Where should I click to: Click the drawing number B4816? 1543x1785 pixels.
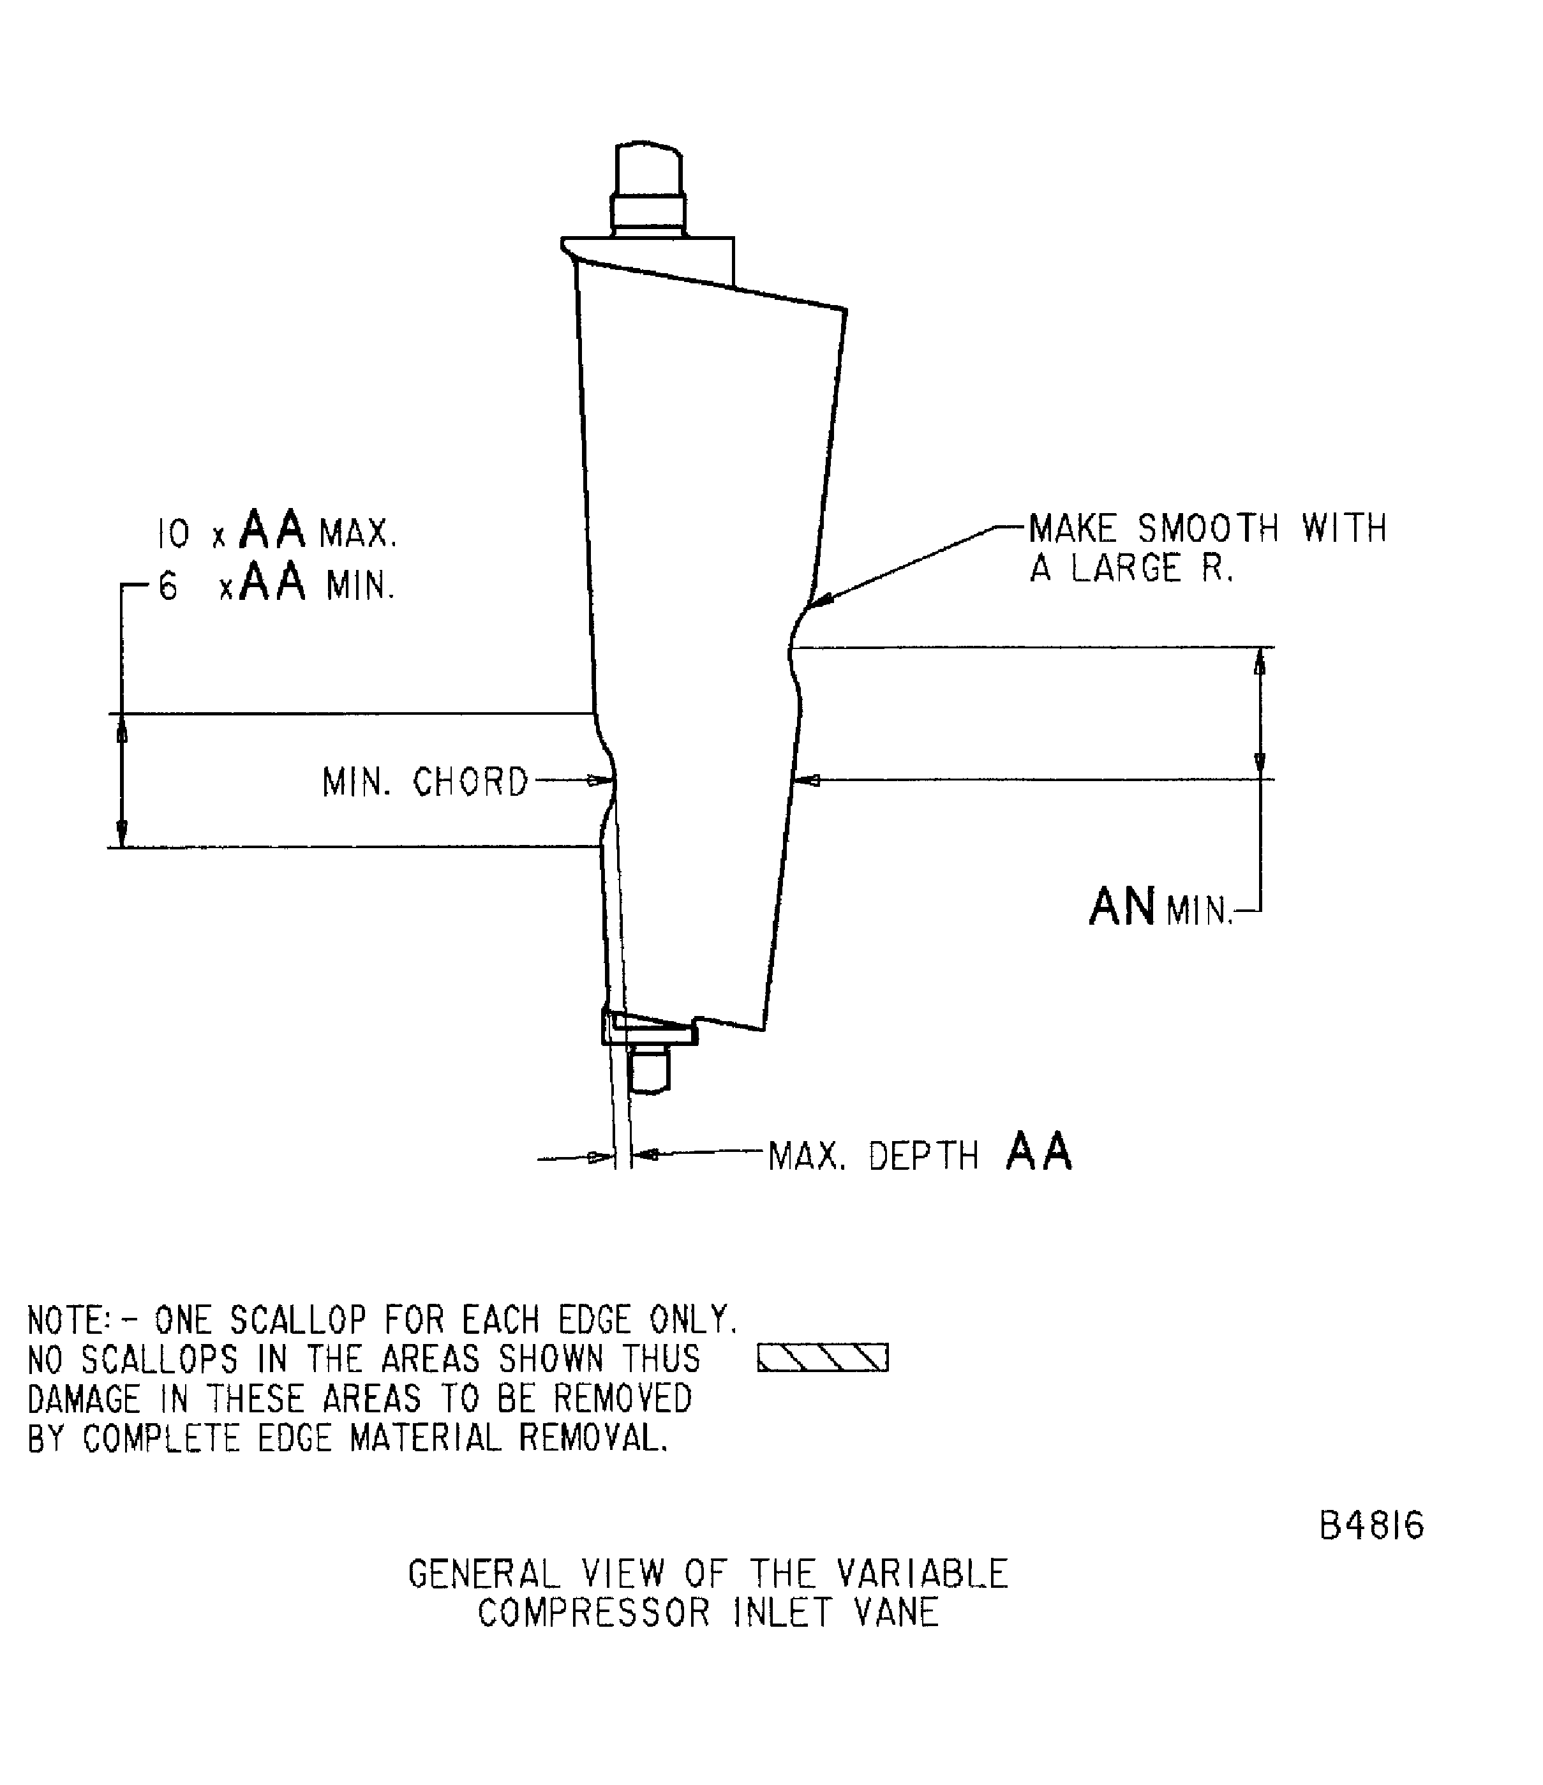click(1371, 1526)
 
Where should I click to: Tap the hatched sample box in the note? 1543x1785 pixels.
click(822, 1359)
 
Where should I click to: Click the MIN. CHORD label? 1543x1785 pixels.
click(425, 782)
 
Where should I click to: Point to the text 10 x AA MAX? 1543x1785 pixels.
click(276, 531)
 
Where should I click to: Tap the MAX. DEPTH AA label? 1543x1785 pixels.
click(920, 1154)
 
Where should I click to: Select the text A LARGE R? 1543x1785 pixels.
click(1131, 569)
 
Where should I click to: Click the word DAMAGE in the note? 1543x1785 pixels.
click(84, 1399)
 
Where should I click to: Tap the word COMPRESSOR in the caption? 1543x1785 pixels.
click(593, 1613)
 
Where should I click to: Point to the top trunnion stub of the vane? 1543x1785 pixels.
click(648, 188)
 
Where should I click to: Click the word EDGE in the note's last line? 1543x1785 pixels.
click(295, 1438)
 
